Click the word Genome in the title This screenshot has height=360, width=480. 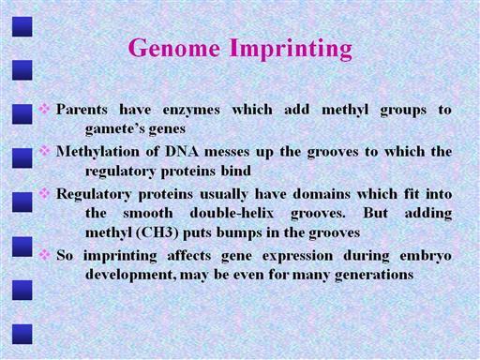pos(174,48)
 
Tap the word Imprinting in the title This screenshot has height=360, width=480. pos(292,49)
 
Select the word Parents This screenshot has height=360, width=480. pos(82,110)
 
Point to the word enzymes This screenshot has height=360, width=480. pos(191,111)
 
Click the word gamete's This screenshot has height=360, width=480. pos(115,129)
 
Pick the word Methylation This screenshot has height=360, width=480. pos(97,152)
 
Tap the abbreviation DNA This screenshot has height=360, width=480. pos(182,152)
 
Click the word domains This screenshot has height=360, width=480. pos(322,194)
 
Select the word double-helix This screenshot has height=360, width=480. pos(232,214)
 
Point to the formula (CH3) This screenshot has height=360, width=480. pos(157,232)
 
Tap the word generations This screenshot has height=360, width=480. pos(374,276)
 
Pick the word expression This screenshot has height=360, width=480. pos(297,257)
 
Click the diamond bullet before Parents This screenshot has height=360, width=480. pos(44,109)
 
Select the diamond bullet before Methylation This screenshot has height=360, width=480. pos(44,151)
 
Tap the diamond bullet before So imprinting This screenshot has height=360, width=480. pos(44,255)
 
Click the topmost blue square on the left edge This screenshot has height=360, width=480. pos(22,26)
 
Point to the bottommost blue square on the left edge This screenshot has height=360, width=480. pos(22,334)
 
